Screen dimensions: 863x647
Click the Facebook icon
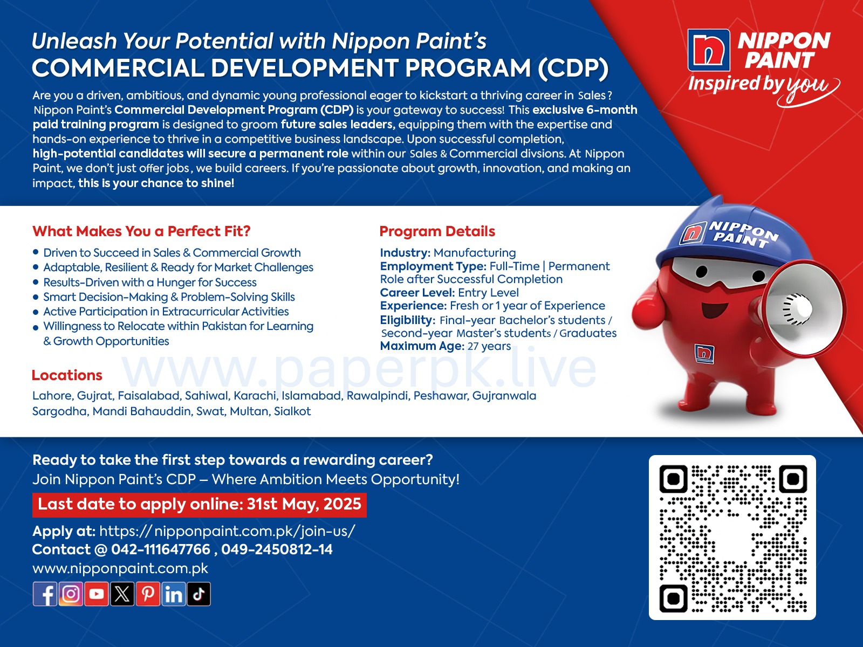click(x=45, y=594)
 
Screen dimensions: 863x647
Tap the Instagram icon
click(x=71, y=594)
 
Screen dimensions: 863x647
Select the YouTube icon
click(x=97, y=594)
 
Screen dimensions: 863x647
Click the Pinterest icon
click(x=148, y=594)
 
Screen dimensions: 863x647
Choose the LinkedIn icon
click(x=173, y=594)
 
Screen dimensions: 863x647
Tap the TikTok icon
click(x=198, y=594)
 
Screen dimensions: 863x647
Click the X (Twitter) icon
click(x=122, y=594)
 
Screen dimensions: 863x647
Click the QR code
click(x=732, y=538)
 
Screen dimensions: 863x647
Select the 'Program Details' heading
click(x=437, y=231)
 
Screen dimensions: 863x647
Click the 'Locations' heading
click(x=67, y=375)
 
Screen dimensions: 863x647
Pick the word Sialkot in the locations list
click(x=292, y=411)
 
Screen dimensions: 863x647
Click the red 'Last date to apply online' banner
click(x=200, y=505)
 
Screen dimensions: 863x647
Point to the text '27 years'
click(x=489, y=347)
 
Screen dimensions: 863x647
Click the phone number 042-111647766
click(x=161, y=549)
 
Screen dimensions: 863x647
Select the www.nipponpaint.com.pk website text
click(x=120, y=568)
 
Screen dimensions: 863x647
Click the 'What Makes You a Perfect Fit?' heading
click(x=141, y=231)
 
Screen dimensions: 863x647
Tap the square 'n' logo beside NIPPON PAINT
click(x=709, y=50)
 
